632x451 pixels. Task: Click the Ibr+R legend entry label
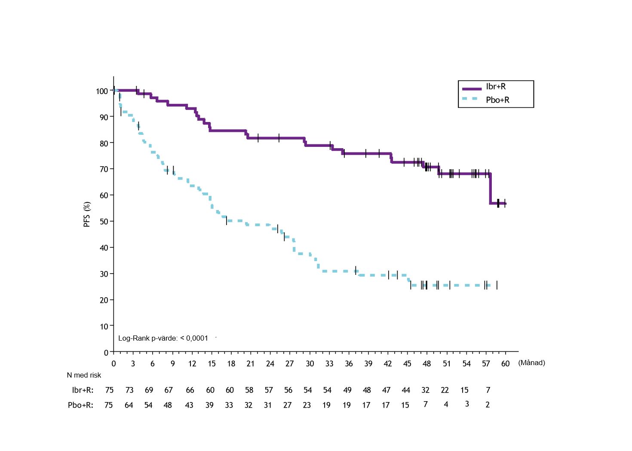(496, 87)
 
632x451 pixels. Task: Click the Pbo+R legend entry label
(497, 100)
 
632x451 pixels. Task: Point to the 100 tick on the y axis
(102, 91)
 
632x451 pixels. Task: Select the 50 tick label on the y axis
(104, 222)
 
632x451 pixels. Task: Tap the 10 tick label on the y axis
(104, 326)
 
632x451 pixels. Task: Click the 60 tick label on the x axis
(505, 364)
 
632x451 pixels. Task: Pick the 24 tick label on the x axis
(270, 364)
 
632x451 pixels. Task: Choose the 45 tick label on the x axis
(407, 364)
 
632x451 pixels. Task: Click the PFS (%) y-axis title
(87, 214)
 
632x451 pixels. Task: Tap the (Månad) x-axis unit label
(531, 363)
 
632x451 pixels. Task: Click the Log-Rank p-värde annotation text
(163, 338)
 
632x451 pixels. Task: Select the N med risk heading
(84, 375)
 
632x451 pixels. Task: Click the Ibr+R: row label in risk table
(83, 390)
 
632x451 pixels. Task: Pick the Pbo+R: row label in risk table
(80, 405)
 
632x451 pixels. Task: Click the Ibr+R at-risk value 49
(347, 390)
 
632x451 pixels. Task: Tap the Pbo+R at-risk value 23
(307, 405)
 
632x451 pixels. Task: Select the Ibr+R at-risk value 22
(445, 390)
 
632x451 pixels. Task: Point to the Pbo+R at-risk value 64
(129, 405)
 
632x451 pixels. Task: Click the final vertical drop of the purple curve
(490, 189)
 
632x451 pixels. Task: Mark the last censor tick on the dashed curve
(497, 285)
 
